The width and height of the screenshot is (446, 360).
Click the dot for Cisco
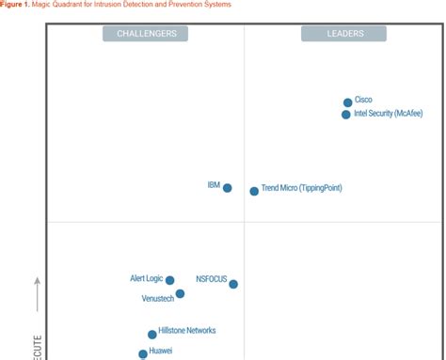click(348, 102)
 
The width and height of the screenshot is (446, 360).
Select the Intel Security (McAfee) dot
click(346, 115)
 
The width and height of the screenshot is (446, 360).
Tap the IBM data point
click(227, 188)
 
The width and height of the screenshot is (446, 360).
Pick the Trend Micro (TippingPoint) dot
click(254, 191)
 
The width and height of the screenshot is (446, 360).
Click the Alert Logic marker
click(170, 280)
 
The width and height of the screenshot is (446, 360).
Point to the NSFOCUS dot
click(233, 284)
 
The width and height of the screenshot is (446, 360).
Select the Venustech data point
click(180, 294)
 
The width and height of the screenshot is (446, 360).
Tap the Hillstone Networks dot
click(152, 334)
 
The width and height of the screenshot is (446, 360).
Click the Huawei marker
click(143, 354)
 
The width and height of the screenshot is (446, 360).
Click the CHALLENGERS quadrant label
click(146, 34)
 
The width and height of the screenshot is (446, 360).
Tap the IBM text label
click(214, 185)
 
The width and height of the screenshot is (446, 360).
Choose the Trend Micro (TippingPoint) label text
click(301, 188)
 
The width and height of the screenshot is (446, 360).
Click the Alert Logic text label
click(147, 278)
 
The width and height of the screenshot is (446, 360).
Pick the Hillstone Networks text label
click(187, 331)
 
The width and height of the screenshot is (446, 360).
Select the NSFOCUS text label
click(212, 279)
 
